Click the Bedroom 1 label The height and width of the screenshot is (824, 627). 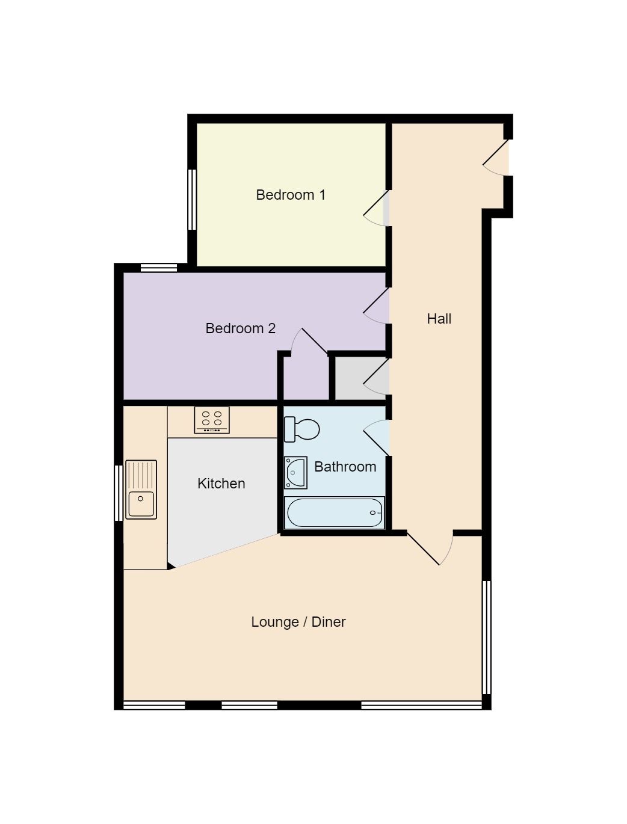pos(290,195)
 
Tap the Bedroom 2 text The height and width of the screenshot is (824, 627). pos(240,328)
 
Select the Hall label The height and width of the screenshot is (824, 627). pos(439,319)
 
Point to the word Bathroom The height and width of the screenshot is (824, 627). pos(345,467)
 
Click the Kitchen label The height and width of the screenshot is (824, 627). pos(221,484)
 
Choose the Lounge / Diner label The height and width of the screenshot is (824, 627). pos(298,622)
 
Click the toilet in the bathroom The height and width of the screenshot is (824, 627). pos(301,429)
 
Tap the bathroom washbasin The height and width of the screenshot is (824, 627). pos(295,473)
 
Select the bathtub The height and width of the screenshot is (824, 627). pos(334,513)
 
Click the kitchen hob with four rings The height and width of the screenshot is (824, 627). pos(212,420)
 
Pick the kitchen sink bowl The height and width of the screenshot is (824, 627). pos(141,504)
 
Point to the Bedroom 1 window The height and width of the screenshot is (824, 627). pos(192,199)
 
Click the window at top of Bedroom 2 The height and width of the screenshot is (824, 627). pos(158,268)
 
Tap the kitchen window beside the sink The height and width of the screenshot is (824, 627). pos(119,493)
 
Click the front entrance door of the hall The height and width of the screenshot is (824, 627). pos(496,158)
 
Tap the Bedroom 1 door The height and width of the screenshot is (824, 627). pos(376,208)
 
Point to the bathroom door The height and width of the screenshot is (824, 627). pos(376,438)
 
